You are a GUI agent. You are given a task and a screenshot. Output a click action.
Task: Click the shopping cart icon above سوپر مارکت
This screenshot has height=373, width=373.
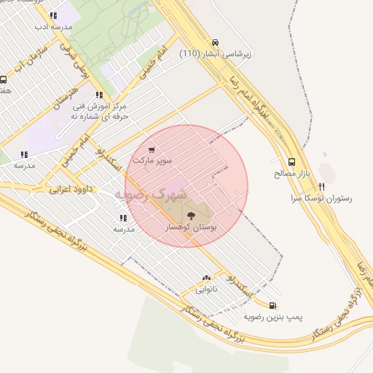152,150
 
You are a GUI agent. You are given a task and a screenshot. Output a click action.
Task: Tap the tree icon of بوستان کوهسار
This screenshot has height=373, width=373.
192,215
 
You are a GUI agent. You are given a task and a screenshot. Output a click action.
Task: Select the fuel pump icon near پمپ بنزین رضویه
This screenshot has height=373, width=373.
272,306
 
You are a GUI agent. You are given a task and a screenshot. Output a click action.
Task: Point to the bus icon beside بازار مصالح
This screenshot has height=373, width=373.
291,162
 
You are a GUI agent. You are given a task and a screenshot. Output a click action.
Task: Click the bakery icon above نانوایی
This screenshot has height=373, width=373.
206,278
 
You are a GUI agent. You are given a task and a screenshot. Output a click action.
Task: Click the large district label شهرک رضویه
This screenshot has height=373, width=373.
152,195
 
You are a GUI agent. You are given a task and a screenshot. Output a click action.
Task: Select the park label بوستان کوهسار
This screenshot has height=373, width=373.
193,227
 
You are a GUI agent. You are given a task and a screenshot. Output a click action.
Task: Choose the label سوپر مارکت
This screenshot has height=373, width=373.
152,160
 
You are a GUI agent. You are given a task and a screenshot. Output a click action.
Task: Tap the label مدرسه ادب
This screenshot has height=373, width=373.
53,25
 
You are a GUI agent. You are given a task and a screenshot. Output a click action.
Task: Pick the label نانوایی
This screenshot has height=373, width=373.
206,289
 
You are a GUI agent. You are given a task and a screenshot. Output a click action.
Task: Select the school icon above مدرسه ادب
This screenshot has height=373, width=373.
53,15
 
